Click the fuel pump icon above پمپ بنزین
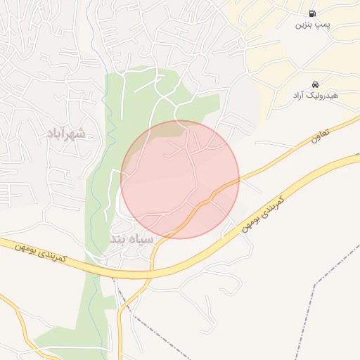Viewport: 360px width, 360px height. (311, 13)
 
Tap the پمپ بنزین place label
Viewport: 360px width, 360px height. (311, 25)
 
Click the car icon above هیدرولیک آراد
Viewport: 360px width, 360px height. (314, 84)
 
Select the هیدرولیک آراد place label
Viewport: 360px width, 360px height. (315, 95)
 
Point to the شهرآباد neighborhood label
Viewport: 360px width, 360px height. (66, 134)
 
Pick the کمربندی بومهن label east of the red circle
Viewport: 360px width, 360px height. (262, 214)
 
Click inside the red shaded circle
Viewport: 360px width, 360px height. (180, 179)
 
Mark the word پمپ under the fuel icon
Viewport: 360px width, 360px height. (321, 25)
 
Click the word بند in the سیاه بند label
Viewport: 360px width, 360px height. (118, 239)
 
